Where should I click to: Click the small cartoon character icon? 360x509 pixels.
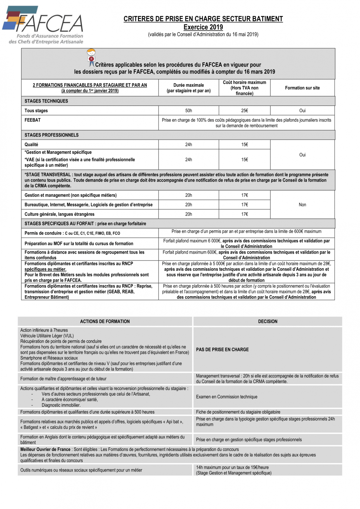click(91, 57)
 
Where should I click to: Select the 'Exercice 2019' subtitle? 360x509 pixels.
click(203, 27)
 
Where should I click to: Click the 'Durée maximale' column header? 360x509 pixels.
click(189, 88)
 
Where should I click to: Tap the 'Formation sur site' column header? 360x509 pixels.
click(302, 88)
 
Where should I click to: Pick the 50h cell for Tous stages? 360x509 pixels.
click(189, 111)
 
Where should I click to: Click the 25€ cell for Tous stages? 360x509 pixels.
click(244, 111)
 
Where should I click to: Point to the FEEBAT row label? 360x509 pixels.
click(33, 120)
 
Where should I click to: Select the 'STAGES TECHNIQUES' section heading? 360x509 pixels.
click(46, 101)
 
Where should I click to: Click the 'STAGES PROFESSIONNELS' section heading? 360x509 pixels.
click(51, 135)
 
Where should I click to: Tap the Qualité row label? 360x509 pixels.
click(31, 144)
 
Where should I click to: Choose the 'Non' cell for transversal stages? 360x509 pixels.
click(302, 205)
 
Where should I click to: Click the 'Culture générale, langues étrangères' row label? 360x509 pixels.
click(59, 214)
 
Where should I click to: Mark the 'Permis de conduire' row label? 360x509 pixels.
click(43, 233)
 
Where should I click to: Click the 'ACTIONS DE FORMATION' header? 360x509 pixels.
click(105, 321)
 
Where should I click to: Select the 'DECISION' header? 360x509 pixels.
click(267, 321)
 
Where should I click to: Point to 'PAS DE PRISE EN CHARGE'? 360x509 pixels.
click(222, 350)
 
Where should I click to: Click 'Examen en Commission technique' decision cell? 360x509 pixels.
click(226, 397)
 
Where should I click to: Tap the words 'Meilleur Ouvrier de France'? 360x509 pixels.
click(45, 449)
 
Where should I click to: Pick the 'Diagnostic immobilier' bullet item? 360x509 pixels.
click(61, 405)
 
